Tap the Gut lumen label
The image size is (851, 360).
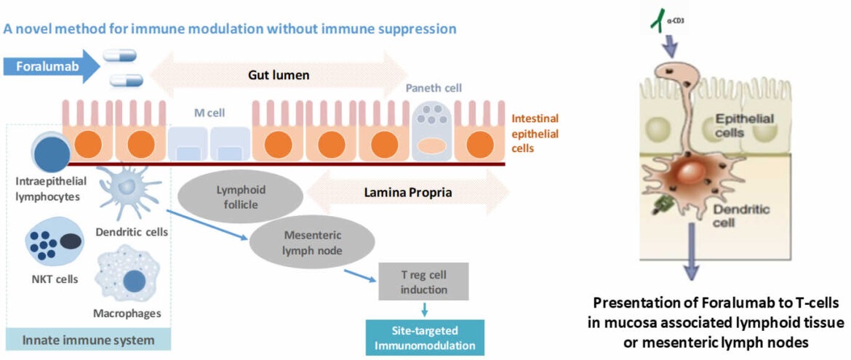(279, 75)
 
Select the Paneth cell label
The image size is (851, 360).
(434, 88)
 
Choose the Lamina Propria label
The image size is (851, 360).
(408, 194)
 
